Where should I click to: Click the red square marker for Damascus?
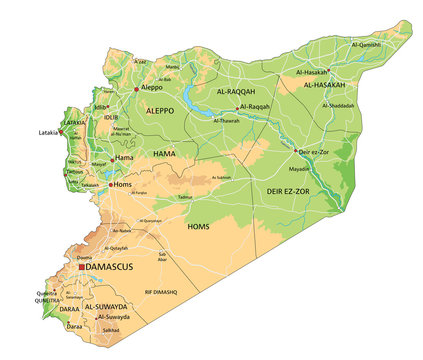82,268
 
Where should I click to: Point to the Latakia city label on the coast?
46,132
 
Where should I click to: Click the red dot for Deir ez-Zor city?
295,152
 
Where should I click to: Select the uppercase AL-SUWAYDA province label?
105,306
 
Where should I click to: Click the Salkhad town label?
109,329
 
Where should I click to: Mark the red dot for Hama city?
113,158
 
